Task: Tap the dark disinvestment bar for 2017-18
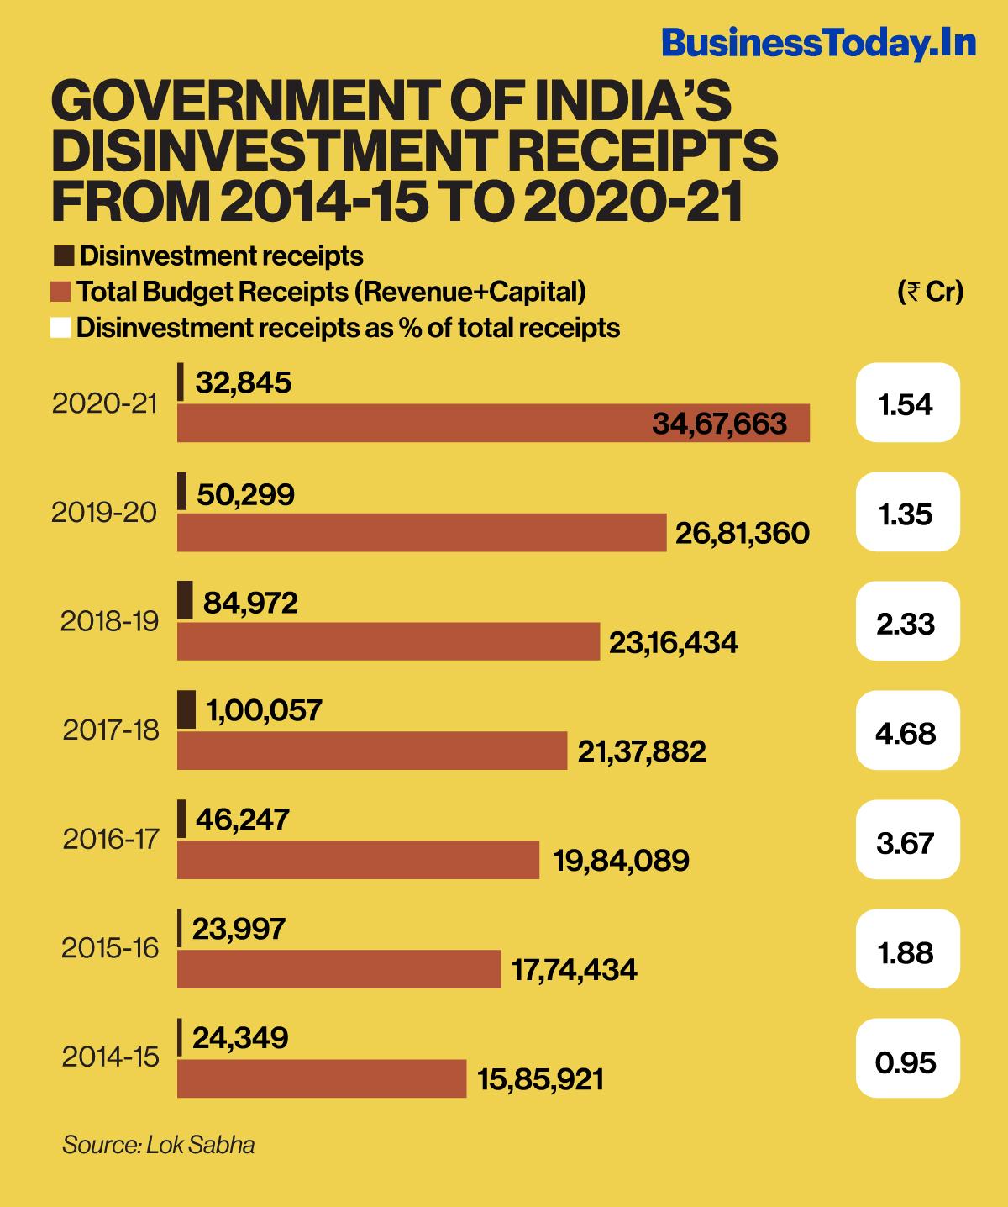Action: click(186, 709)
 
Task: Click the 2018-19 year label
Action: click(109, 621)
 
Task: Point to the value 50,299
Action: click(245, 494)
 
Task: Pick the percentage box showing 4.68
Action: click(907, 733)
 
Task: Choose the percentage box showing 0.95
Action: click(907, 1062)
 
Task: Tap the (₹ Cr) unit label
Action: click(930, 292)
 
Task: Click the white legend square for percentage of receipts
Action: click(60, 327)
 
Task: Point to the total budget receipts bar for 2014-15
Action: click(322, 1078)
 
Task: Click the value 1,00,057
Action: click(264, 710)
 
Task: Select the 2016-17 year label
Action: click(110, 839)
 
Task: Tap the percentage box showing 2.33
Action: click(907, 624)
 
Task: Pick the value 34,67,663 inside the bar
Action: click(719, 423)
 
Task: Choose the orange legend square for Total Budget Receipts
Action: click(60, 292)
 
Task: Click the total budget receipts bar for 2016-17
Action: click(358, 860)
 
